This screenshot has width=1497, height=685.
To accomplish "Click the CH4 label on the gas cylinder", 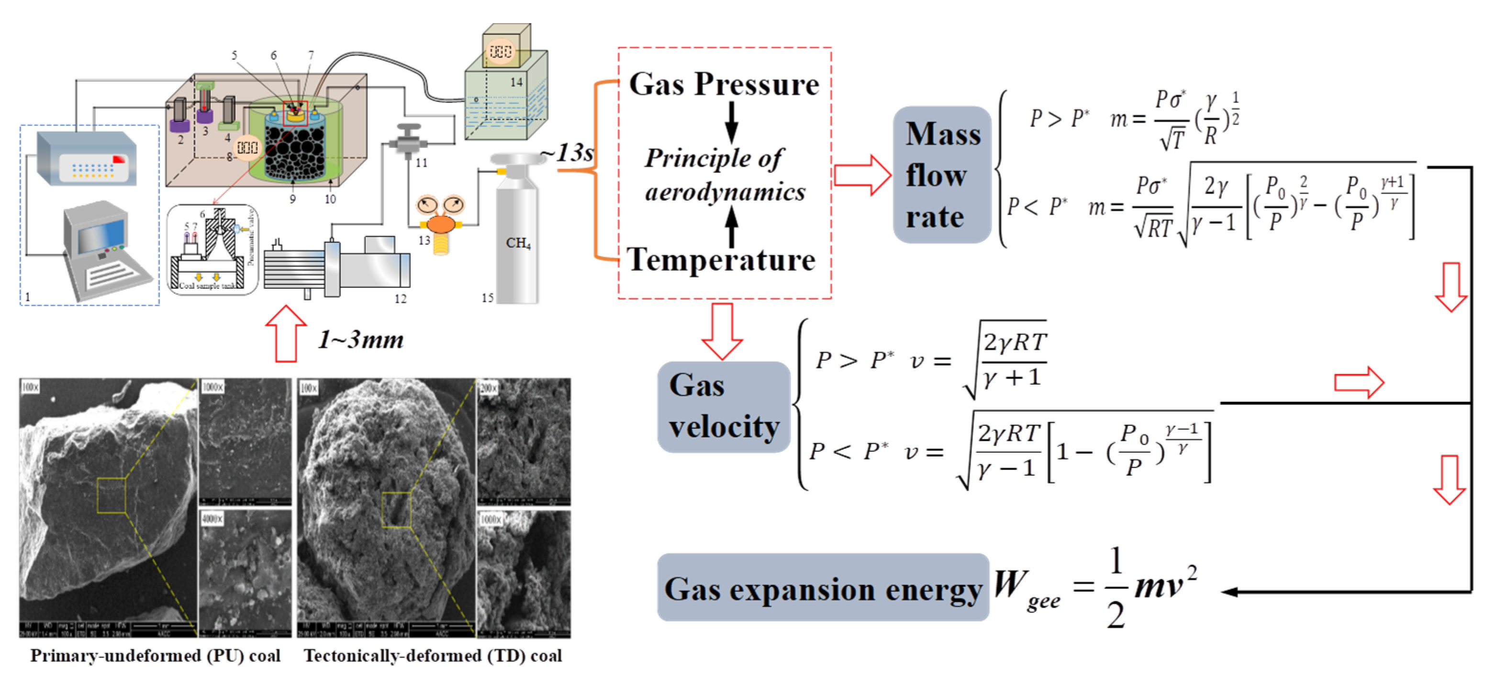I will pyautogui.click(x=518, y=242).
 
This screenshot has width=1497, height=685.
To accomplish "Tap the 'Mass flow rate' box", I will pyautogui.click(x=942, y=174).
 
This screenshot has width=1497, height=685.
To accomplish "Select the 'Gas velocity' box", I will pyautogui.click(x=724, y=406).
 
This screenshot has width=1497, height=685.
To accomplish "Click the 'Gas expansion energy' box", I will pyautogui.click(x=822, y=588).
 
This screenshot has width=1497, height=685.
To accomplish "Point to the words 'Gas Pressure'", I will pyautogui.click(x=724, y=84).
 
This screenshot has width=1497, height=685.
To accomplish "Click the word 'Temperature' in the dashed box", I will pyautogui.click(x=721, y=259).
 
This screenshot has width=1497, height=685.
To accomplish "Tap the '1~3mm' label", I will pyautogui.click(x=360, y=339).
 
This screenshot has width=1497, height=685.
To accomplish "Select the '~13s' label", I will pyautogui.click(x=567, y=153).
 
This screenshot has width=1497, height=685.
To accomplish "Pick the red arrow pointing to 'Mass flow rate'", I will pyautogui.click(x=862, y=174).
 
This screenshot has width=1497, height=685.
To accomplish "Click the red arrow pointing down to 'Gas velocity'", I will pyautogui.click(x=722, y=331).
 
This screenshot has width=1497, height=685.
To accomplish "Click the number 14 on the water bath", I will pyautogui.click(x=516, y=82).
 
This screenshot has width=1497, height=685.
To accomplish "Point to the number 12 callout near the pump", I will pyautogui.click(x=401, y=299).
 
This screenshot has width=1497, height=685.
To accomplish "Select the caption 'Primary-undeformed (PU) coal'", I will pyautogui.click(x=155, y=655).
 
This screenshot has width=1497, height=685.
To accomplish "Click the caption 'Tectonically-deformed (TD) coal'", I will pyautogui.click(x=433, y=655).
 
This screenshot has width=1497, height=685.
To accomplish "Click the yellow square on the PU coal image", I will pyautogui.click(x=112, y=495).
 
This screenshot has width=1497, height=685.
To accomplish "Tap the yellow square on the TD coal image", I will pyautogui.click(x=396, y=509).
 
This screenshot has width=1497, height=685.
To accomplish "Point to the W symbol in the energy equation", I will pyautogui.click(x=1009, y=583).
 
